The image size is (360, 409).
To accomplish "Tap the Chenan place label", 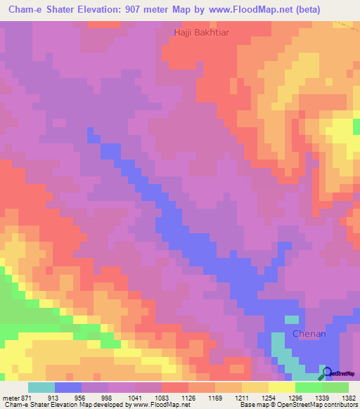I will (x=309, y=335).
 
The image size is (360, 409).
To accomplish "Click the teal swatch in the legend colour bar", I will (x=41, y=387).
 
